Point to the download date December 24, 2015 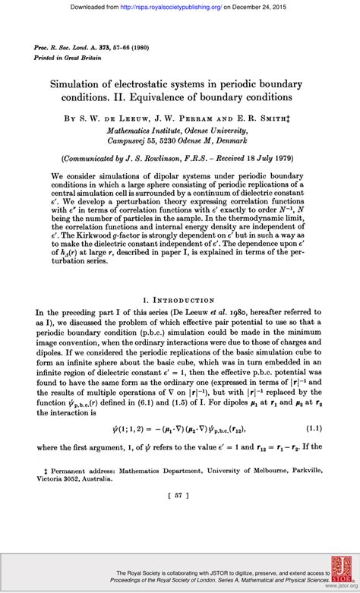[265, 8]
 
